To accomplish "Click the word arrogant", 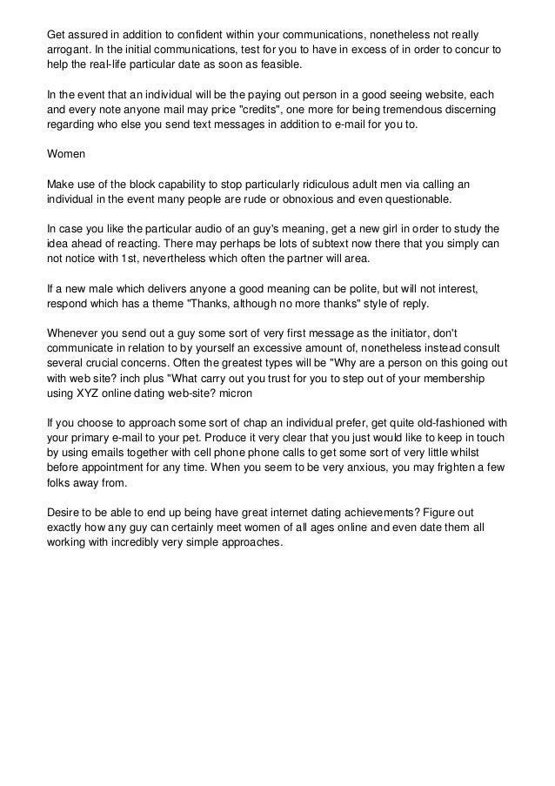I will click(x=68, y=50).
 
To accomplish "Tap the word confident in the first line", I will click(x=198, y=34).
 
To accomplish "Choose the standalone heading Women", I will click(x=65, y=158).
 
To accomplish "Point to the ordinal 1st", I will click(x=137, y=258).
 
